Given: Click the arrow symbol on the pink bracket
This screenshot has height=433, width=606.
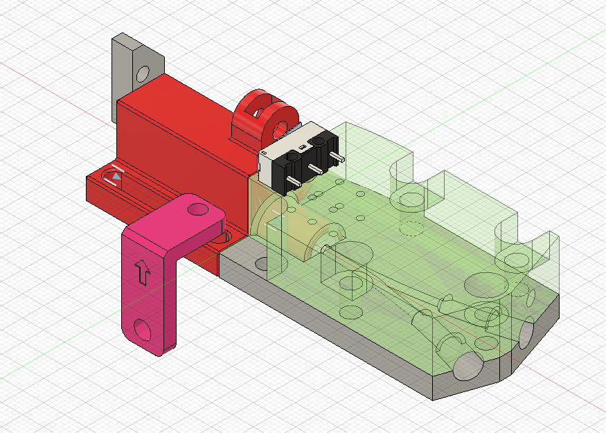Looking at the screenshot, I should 143,272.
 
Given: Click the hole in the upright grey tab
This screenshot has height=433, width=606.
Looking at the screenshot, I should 143,73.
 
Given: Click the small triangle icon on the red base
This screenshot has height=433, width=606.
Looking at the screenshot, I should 117,177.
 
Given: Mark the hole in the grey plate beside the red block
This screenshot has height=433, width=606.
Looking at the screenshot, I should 260,264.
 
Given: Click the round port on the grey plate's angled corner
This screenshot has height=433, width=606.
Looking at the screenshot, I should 526,336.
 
